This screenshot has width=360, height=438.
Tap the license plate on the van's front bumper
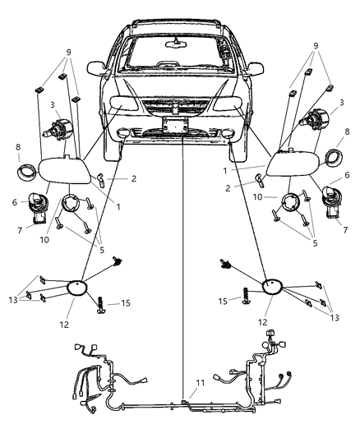pyautogui.click(x=175, y=125)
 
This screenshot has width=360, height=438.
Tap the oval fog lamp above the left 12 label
pyautogui.click(x=79, y=287)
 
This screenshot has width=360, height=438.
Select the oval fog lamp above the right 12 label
pyautogui.click(x=273, y=288)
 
